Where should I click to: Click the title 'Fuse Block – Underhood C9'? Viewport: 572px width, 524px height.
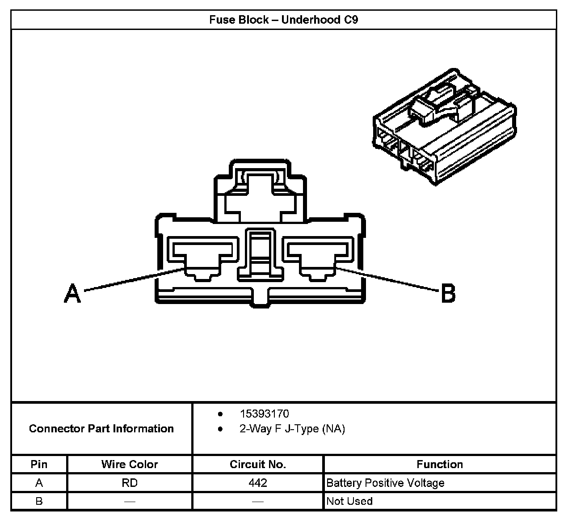coord(284,20)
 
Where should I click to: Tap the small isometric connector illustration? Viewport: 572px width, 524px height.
coord(444,127)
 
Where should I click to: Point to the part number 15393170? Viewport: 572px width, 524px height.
coord(264,414)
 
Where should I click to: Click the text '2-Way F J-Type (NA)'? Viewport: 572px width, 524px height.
coord(292,429)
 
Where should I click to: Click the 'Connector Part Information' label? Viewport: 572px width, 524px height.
coord(101,428)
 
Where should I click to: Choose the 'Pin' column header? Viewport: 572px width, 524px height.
coord(39,464)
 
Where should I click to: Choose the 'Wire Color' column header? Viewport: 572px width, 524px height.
coord(130,464)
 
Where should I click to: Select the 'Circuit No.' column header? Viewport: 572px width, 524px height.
coord(258,464)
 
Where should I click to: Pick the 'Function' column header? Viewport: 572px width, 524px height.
coord(440,464)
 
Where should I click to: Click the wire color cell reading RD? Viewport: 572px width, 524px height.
coord(130,483)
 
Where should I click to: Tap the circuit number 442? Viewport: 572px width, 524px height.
coord(258,483)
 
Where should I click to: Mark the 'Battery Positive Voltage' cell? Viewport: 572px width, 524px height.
coord(385,483)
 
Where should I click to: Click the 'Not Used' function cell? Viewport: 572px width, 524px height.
coord(349,501)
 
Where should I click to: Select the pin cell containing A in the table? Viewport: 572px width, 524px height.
coord(39,483)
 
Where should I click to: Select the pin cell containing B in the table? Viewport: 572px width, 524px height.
coord(39,501)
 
